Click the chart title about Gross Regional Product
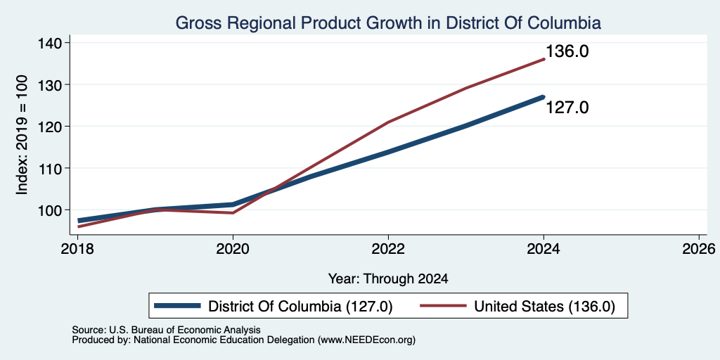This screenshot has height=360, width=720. [388, 22]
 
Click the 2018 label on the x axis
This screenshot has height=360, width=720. [77, 250]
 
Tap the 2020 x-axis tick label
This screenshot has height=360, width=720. [233, 250]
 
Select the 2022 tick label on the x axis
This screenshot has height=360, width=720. [388, 250]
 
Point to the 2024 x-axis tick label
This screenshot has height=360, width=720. [544, 250]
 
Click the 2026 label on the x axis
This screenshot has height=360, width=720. [698, 250]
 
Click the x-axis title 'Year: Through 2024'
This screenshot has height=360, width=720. [388, 278]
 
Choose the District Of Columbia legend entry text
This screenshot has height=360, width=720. [300, 306]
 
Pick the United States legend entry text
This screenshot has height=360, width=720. [544, 306]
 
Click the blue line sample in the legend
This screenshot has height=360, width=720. [177, 306]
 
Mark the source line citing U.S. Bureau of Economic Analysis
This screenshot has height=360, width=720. [166, 330]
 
